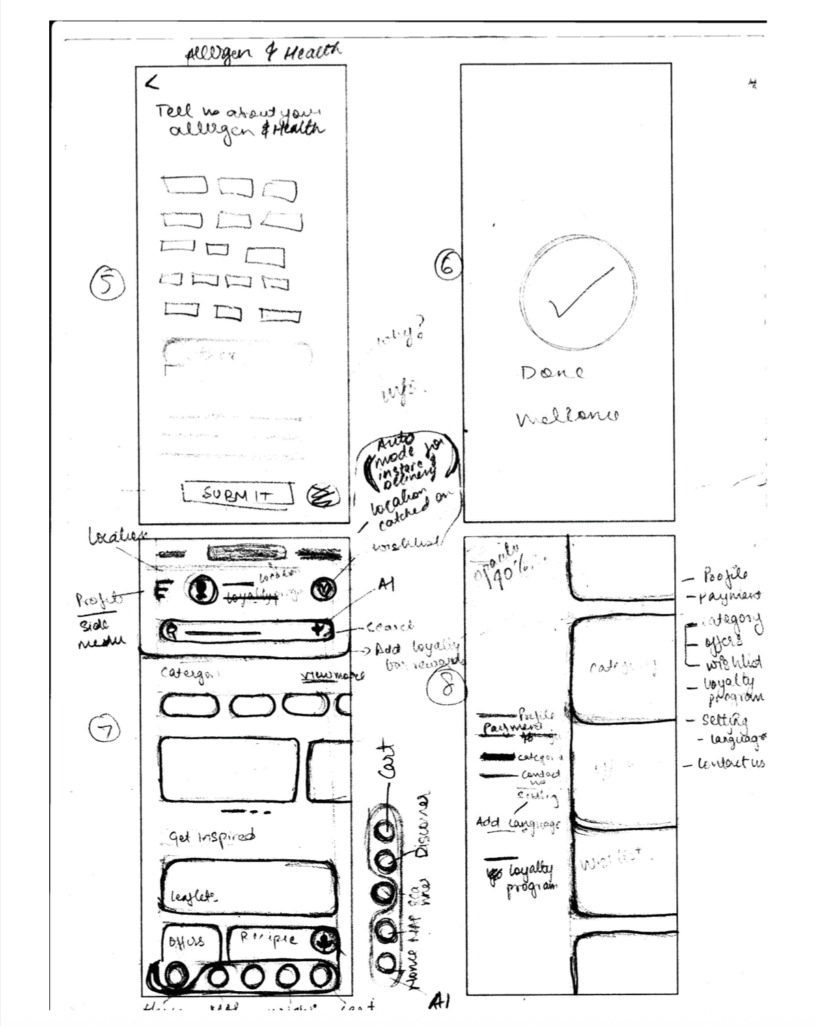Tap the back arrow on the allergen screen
coord(152,83)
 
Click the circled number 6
coord(448,266)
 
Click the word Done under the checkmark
coord(552,372)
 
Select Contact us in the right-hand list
coord(728,763)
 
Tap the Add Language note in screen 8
coord(517,824)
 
